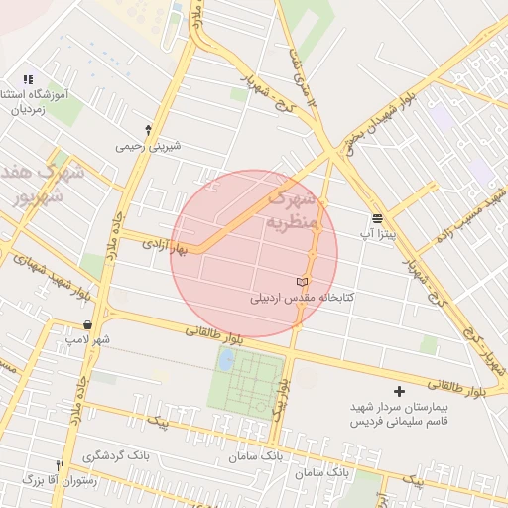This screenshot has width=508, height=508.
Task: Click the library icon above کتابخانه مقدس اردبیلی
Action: [x=303, y=283]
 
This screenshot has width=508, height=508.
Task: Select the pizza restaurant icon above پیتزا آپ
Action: [x=377, y=218]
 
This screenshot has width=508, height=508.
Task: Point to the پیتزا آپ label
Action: [x=377, y=232]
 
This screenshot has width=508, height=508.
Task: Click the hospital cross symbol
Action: [x=400, y=392]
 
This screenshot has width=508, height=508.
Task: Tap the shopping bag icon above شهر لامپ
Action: [x=89, y=324]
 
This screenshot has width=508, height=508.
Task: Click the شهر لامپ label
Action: [x=90, y=339]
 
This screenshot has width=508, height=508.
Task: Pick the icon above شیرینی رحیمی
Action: [x=149, y=130]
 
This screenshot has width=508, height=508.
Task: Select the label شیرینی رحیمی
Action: [x=149, y=146]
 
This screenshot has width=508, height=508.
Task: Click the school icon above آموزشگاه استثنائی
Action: [x=28, y=79]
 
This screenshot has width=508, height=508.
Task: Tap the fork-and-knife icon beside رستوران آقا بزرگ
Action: [x=60, y=465]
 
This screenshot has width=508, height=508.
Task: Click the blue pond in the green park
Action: [x=227, y=359]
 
